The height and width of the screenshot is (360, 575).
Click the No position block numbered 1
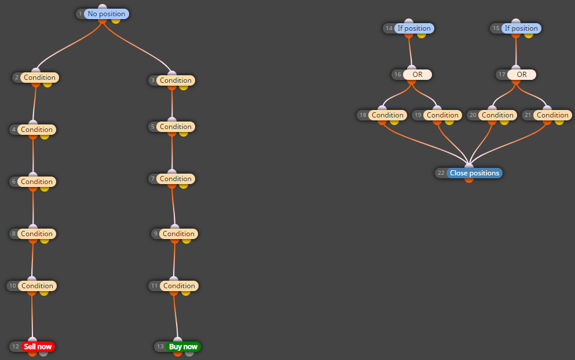(107, 14)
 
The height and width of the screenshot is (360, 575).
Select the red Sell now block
(38, 347)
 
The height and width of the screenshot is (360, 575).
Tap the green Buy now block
(183, 347)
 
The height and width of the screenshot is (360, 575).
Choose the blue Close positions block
(474, 173)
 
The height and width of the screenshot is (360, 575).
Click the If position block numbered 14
(414, 28)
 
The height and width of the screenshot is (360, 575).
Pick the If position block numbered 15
(521, 28)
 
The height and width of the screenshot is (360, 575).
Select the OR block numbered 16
(417, 75)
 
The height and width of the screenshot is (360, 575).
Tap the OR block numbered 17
(522, 75)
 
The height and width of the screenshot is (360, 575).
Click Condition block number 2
(39, 78)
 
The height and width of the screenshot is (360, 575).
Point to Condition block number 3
(175, 80)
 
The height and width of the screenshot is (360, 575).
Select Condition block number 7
(175, 178)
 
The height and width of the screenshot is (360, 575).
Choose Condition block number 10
(37, 285)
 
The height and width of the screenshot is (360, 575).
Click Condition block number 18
(387, 115)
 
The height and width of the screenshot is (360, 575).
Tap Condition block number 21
(552, 115)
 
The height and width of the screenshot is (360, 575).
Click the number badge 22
(441, 173)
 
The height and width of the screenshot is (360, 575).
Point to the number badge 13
(160, 347)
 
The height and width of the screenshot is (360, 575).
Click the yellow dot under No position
(116, 21)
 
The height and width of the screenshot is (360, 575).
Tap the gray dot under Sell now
(43, 354)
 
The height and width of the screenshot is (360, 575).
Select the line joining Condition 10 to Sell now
(32, 316)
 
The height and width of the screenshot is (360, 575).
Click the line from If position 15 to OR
(516, 52)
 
